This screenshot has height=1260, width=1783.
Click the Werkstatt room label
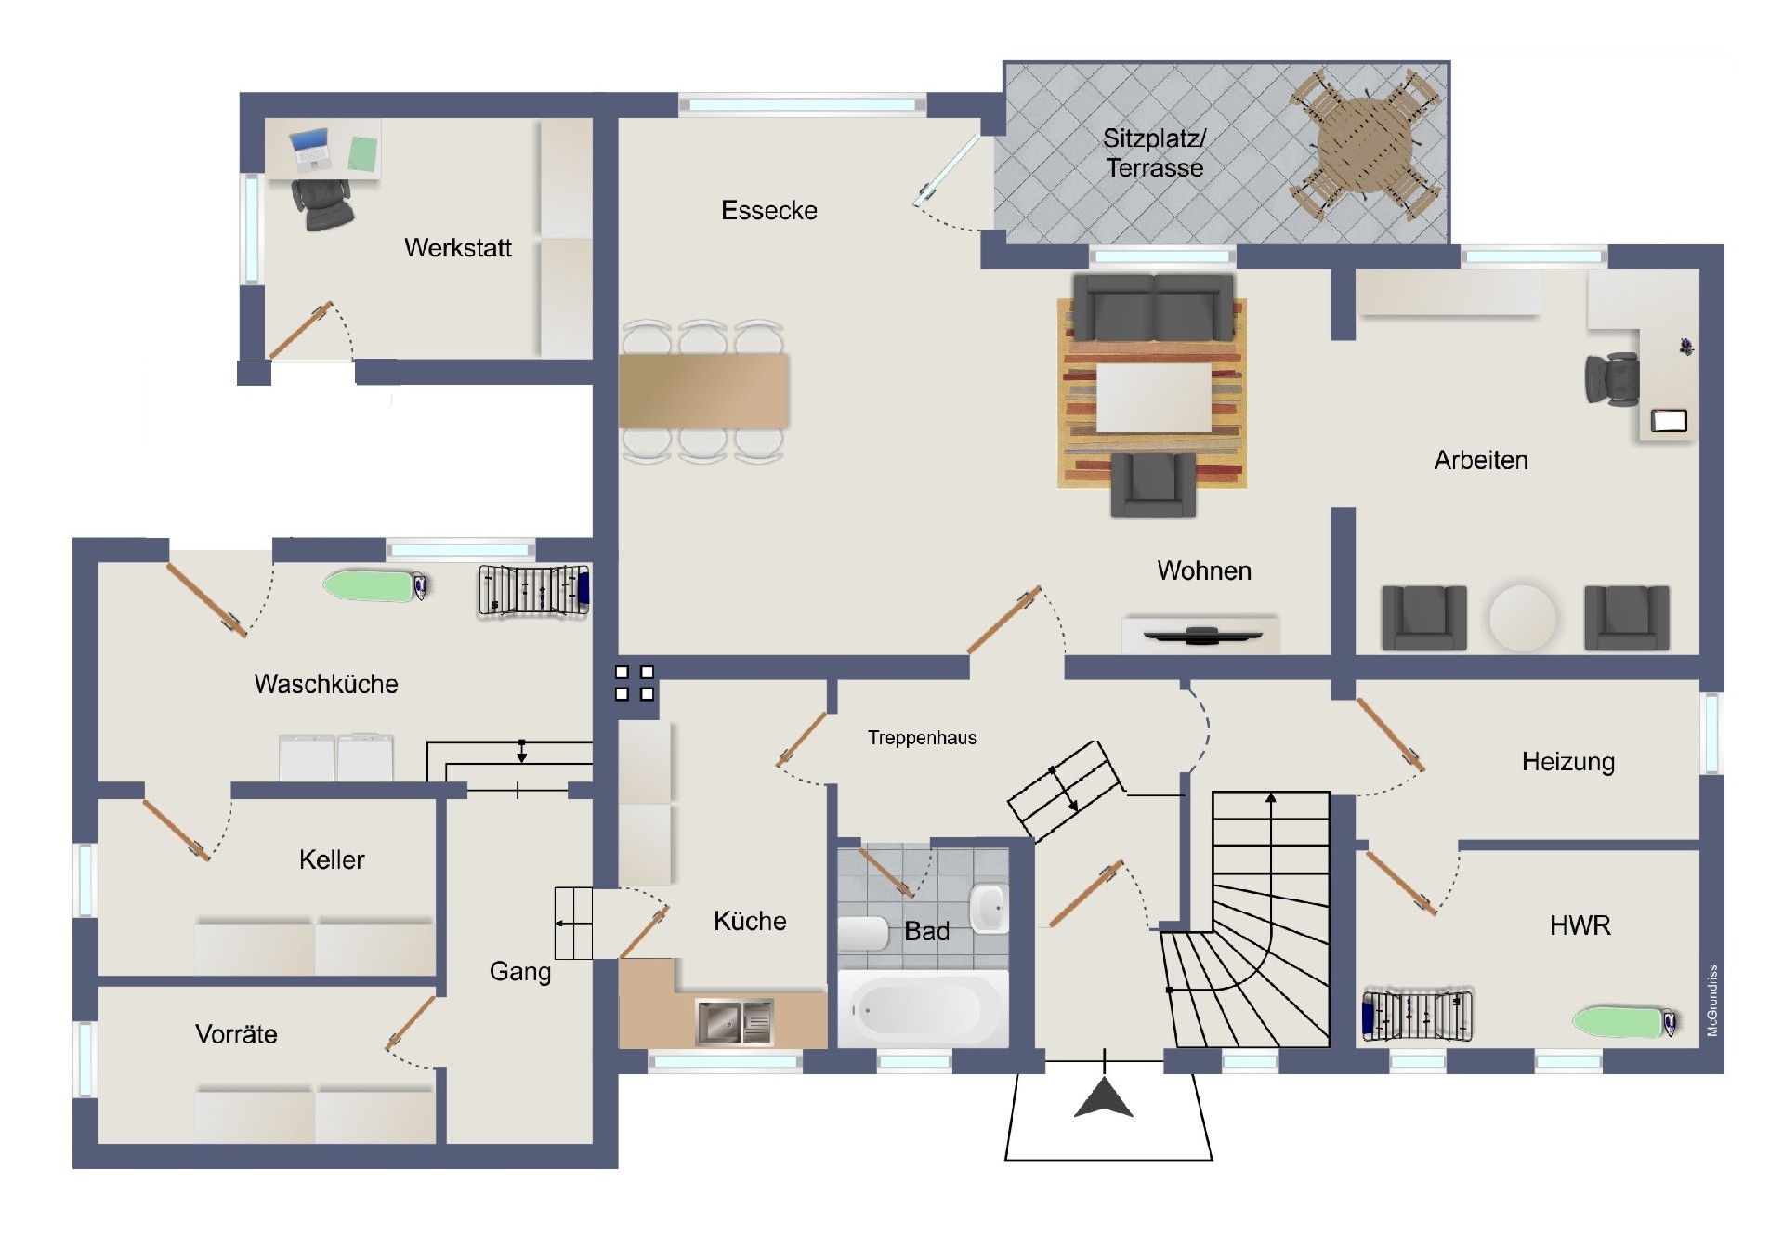458,248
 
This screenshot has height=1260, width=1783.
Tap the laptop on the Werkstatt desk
311,149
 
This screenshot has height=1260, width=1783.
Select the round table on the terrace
1364,144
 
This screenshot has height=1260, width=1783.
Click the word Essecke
769,211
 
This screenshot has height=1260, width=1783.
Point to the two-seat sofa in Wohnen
1153,308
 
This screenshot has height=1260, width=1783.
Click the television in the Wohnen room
1202,636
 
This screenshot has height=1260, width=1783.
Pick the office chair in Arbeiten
1612,379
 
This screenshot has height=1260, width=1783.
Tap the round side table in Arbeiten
1522,617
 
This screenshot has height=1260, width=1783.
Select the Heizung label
1568,762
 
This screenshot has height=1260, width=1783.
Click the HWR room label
1580,925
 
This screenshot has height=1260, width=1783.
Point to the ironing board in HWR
1626,1021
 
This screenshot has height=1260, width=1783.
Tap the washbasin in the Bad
989,907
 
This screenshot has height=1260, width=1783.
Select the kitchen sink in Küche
734,1021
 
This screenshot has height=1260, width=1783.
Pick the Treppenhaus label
922,739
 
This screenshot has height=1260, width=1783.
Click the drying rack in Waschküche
533,591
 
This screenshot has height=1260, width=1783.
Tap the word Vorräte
236,1034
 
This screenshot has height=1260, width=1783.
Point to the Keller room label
332,860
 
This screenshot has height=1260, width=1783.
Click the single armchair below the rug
1153,484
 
